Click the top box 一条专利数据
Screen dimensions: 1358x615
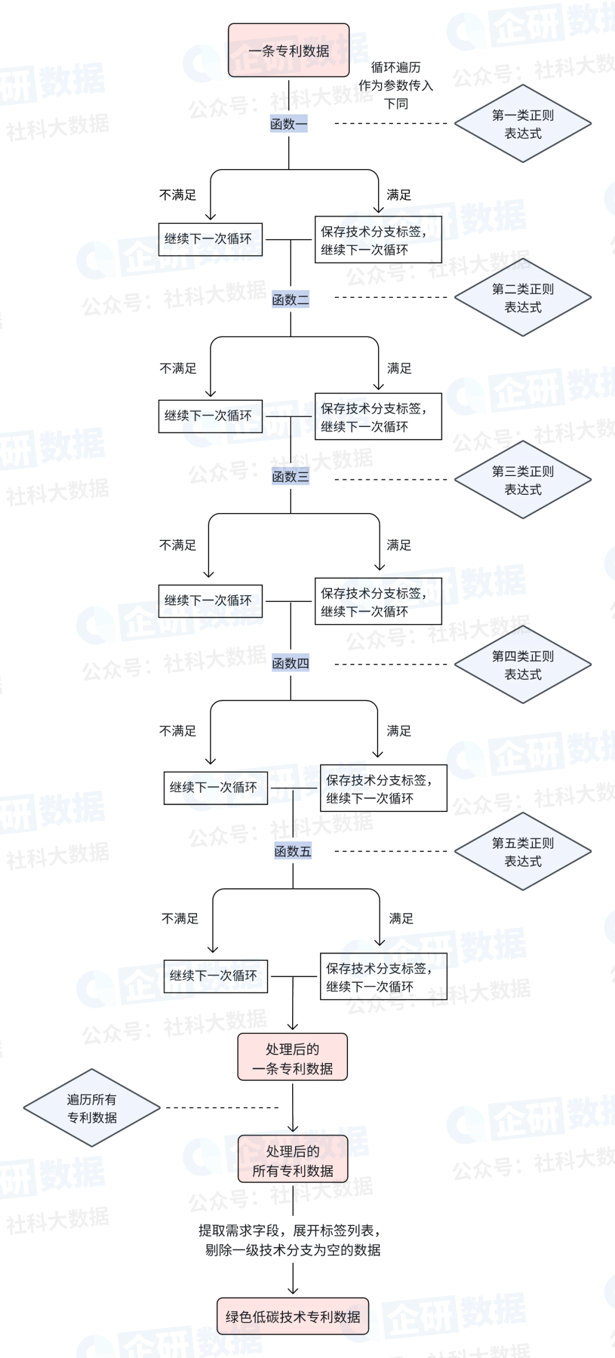pyautogui.click(x=289, y=51)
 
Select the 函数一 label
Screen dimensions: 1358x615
pyautogui.click(x=289, y=124)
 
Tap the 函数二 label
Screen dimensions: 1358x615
pyautogui.click(x=290, y=300)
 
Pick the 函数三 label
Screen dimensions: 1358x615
pyautogui.click(x=290, y=477)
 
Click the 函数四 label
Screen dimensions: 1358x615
pyautogui.click(x=290, y=663)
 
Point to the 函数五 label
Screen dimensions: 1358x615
pyautogui.click(x=293, y=851)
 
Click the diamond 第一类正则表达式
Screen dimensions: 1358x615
pyautogui.click(x=523, y=124)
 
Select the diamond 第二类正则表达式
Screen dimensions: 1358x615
pyautogui.click(x=523, y=298)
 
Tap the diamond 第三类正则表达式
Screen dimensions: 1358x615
pyautogui.click(x=523, y=480)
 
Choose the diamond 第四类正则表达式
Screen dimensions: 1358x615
pyautogui.click(x=523, y=665)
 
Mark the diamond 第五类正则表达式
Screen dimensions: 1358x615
pyautogui.click(x=523, y=852)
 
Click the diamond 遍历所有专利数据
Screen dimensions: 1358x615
pyautogui.click(x=92, y=1108)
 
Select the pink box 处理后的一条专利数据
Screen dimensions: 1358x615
pyautogui.click(x=293, y=1058)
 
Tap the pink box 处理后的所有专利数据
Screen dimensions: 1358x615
pyautogui.click(x=293, y=1160)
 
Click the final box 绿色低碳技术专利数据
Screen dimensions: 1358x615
pyautogui.click(x=293, y=1316)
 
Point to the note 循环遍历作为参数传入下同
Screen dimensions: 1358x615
pyautogui.click(x=396, y=85)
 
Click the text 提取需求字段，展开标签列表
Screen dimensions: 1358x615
pyautogui.click(x=289, y=1230)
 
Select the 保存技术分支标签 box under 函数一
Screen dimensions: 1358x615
pyautogui.click(x=378, y=240)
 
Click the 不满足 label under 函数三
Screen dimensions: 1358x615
pyautogui.click(x=178, y=545)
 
